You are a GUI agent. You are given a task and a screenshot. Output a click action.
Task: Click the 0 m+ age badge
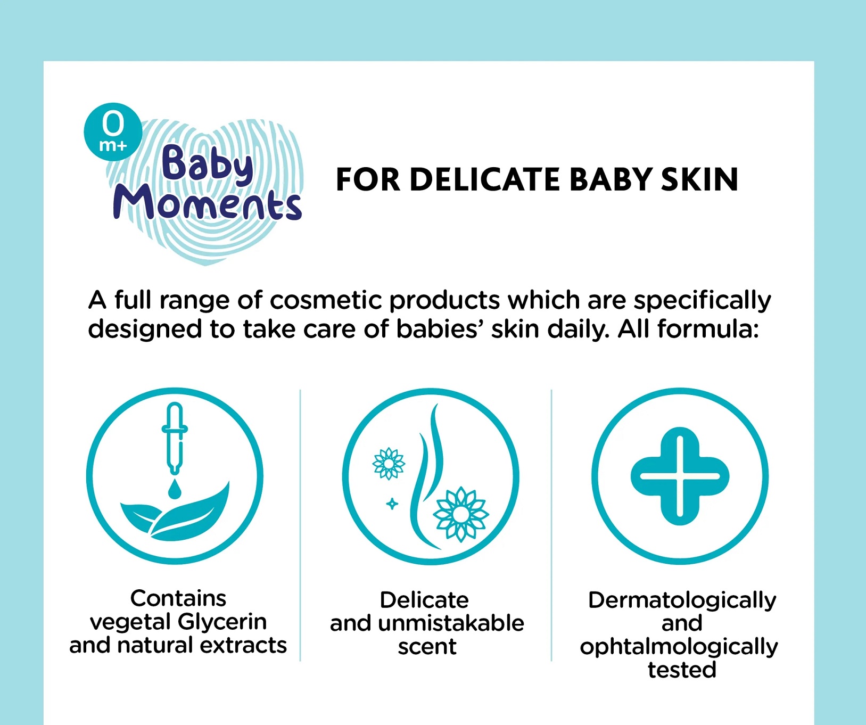point(113,131)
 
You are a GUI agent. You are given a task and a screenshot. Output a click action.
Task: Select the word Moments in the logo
point(207,203)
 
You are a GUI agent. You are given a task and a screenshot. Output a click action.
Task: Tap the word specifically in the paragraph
point(702,301)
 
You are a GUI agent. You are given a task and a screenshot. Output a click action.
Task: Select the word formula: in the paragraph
point(708,329)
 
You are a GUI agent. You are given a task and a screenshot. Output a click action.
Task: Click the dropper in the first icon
point(175,438)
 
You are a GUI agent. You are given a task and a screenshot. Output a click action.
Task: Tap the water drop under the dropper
point(175,489)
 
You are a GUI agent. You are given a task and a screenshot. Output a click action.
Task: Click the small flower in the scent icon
point(389,464)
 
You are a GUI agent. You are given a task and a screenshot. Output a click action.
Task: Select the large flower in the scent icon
point(461,514)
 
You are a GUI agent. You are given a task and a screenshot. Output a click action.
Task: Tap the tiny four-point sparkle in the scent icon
point(392,504)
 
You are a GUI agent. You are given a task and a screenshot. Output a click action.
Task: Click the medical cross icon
point(680,476)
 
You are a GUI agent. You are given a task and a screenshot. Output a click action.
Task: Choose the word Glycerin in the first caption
point(222,622)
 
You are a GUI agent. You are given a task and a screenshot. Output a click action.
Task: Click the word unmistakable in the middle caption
point(451,623)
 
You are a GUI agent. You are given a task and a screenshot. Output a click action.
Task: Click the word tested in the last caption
point(682,670)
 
